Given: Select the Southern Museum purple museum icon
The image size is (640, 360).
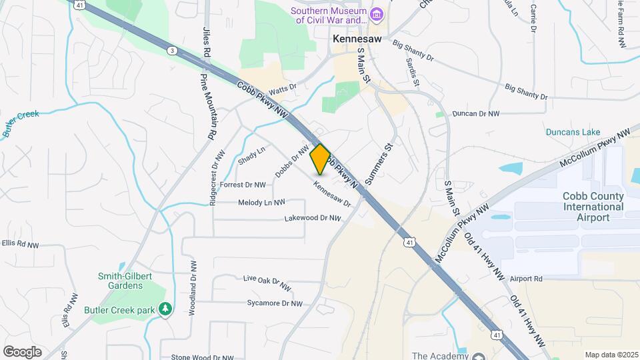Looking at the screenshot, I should click(377, 14).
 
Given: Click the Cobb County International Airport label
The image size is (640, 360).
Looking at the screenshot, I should click(593, 207).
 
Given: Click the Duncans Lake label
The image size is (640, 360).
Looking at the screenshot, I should click(573, 132).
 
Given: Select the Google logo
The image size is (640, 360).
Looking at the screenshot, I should click(22, 351).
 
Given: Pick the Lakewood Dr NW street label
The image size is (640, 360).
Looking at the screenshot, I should click(312, 218).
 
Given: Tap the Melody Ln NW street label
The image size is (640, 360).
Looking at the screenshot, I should click(261, 201).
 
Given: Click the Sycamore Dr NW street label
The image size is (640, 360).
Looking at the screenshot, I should click(274, 303).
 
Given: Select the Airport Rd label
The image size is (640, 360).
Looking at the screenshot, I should click(526, 278).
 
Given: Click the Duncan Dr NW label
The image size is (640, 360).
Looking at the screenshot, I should click(475, 114).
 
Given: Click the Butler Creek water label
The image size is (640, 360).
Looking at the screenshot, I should click(21, 123).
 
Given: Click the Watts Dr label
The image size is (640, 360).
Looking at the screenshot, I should click(282, 89).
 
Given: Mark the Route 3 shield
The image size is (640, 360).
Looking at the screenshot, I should click(173, 51).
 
